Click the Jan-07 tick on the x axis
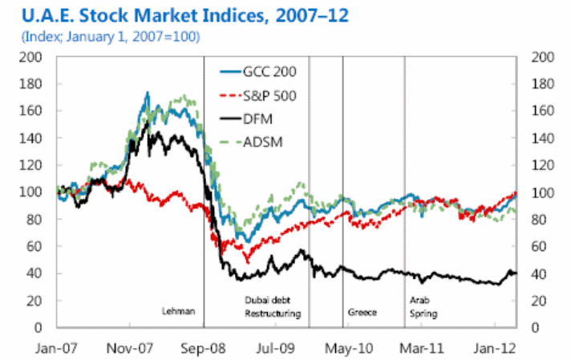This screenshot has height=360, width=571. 59,349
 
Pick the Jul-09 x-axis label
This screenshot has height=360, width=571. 276,349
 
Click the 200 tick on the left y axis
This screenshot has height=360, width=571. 30,57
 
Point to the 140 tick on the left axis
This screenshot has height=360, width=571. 30,138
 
